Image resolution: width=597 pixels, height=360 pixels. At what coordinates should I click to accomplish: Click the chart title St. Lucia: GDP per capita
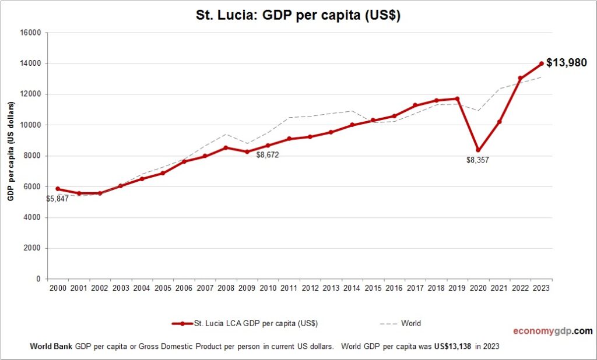pos(298,16)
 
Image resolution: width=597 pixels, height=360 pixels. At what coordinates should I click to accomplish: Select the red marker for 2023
pos(542,63)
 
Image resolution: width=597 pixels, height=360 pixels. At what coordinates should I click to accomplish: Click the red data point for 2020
pos(478,150)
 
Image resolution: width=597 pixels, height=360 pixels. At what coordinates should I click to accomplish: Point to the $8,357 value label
pos(477,160)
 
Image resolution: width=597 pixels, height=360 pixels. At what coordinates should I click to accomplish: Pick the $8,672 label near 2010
pos(268,155)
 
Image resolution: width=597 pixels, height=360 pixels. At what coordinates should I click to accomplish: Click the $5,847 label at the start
pos(57,199)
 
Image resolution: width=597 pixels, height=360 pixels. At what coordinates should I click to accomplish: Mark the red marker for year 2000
pos(58,189)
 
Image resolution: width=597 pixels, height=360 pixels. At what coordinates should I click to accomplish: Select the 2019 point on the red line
pos(457,99)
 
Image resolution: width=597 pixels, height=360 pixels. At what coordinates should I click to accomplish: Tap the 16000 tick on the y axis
pos(30,33)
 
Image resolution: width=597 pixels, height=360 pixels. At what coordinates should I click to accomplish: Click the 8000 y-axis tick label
pos(31,156)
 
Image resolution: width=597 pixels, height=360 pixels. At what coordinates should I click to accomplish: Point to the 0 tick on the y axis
pos(38,279)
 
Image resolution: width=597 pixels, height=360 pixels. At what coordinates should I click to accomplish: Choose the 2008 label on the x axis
pos(226,288)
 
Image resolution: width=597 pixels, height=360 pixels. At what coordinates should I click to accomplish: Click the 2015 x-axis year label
pos(373,288)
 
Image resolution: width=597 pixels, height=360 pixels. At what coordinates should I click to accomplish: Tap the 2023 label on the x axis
pos(542,288)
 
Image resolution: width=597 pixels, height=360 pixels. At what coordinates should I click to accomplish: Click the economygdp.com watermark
pos(552,331)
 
